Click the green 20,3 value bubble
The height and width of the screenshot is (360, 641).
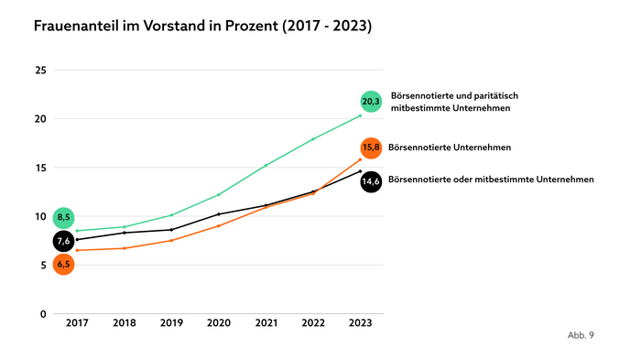coord(371,102)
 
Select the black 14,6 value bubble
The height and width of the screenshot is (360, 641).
coord(371,180)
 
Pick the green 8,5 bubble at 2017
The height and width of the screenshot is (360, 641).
coord(63,218)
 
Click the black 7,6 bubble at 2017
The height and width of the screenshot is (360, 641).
coord(63,241)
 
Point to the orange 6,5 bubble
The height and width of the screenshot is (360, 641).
coord(63,264)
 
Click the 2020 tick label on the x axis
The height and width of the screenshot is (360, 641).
coord(219,324)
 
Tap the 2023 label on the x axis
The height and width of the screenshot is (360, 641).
coord(361,324)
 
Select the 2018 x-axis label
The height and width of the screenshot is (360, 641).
coord(125,324)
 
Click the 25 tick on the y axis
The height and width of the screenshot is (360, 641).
coord(39,70)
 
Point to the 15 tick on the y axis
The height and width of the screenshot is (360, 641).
coord(39,168)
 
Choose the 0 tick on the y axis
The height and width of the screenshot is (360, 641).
coord(42,314)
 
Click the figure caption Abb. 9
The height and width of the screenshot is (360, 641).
coord(581,335)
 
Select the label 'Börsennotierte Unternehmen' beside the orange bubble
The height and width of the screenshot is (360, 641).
coord(450,147)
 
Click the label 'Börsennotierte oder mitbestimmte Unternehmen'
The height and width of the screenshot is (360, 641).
coord(492,180)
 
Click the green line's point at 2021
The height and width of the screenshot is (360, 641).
coord(266,165)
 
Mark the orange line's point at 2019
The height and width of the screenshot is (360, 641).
coord(171,240)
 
